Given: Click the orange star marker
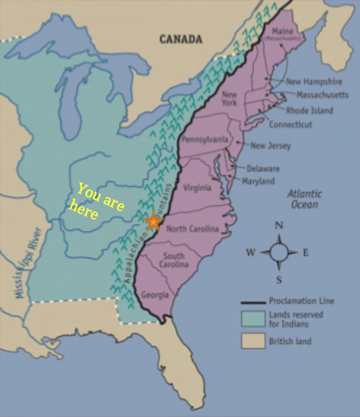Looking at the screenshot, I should pyautogui.click(x=153, y=222).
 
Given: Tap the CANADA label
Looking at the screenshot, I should pyautogui.click(x=181, y=38).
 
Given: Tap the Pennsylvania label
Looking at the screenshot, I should pyautogui.click(x=205, y=139).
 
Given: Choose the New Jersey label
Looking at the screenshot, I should pyautogui.click(x=270, y=146).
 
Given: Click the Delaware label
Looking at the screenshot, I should pyautogui.click(x=263, y=168).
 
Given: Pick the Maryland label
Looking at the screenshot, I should pyautogui.click(x=258, y=181).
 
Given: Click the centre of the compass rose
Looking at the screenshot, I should pyautogui.click(x=278, y=253).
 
